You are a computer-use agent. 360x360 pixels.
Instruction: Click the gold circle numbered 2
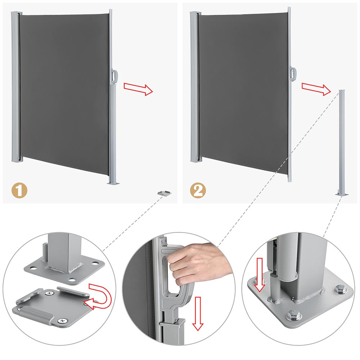point(198,190)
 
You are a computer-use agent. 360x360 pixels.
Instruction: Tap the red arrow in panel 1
point(138,89)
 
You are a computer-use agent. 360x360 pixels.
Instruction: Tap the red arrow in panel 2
point(316,89)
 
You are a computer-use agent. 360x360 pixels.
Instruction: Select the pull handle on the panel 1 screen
point(114,76)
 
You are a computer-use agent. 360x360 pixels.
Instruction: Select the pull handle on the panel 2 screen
point(293,74)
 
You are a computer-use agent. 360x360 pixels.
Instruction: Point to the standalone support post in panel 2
point(342,142)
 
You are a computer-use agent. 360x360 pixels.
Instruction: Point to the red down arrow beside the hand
point(198,314)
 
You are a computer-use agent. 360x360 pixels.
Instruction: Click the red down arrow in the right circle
point(260,275)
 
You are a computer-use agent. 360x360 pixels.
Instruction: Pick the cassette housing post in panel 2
point(195,87)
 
